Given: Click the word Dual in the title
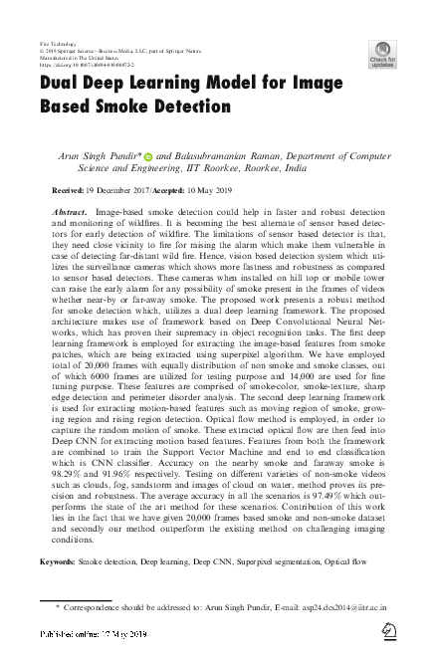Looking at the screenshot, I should [x=63, y=86].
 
